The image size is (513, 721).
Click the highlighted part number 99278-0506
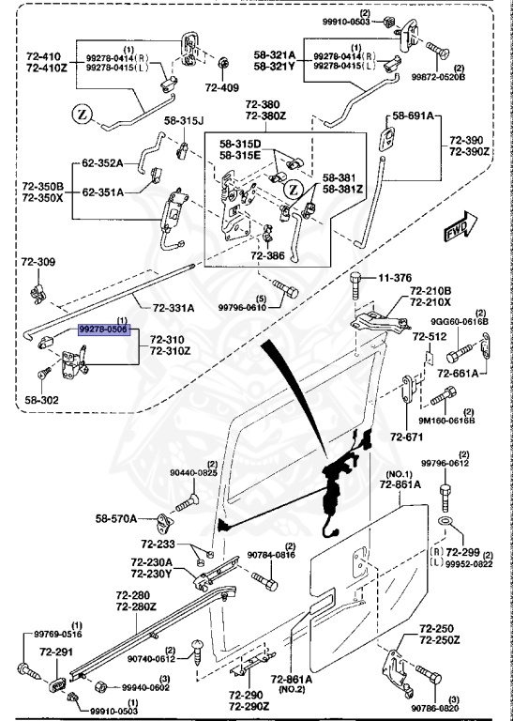105,330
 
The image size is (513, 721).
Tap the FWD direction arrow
461,226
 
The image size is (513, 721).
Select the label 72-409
222,87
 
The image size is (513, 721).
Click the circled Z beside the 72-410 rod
83,114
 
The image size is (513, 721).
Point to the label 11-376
395,278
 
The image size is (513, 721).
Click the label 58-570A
115,518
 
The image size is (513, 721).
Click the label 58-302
42,400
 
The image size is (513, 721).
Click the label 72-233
158,545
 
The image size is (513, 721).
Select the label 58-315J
184,120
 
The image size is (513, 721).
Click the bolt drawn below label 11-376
357,287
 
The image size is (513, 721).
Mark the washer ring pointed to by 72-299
444,520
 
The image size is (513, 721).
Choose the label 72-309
38,262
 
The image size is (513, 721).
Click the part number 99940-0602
145,687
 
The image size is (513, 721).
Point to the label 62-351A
103,192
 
